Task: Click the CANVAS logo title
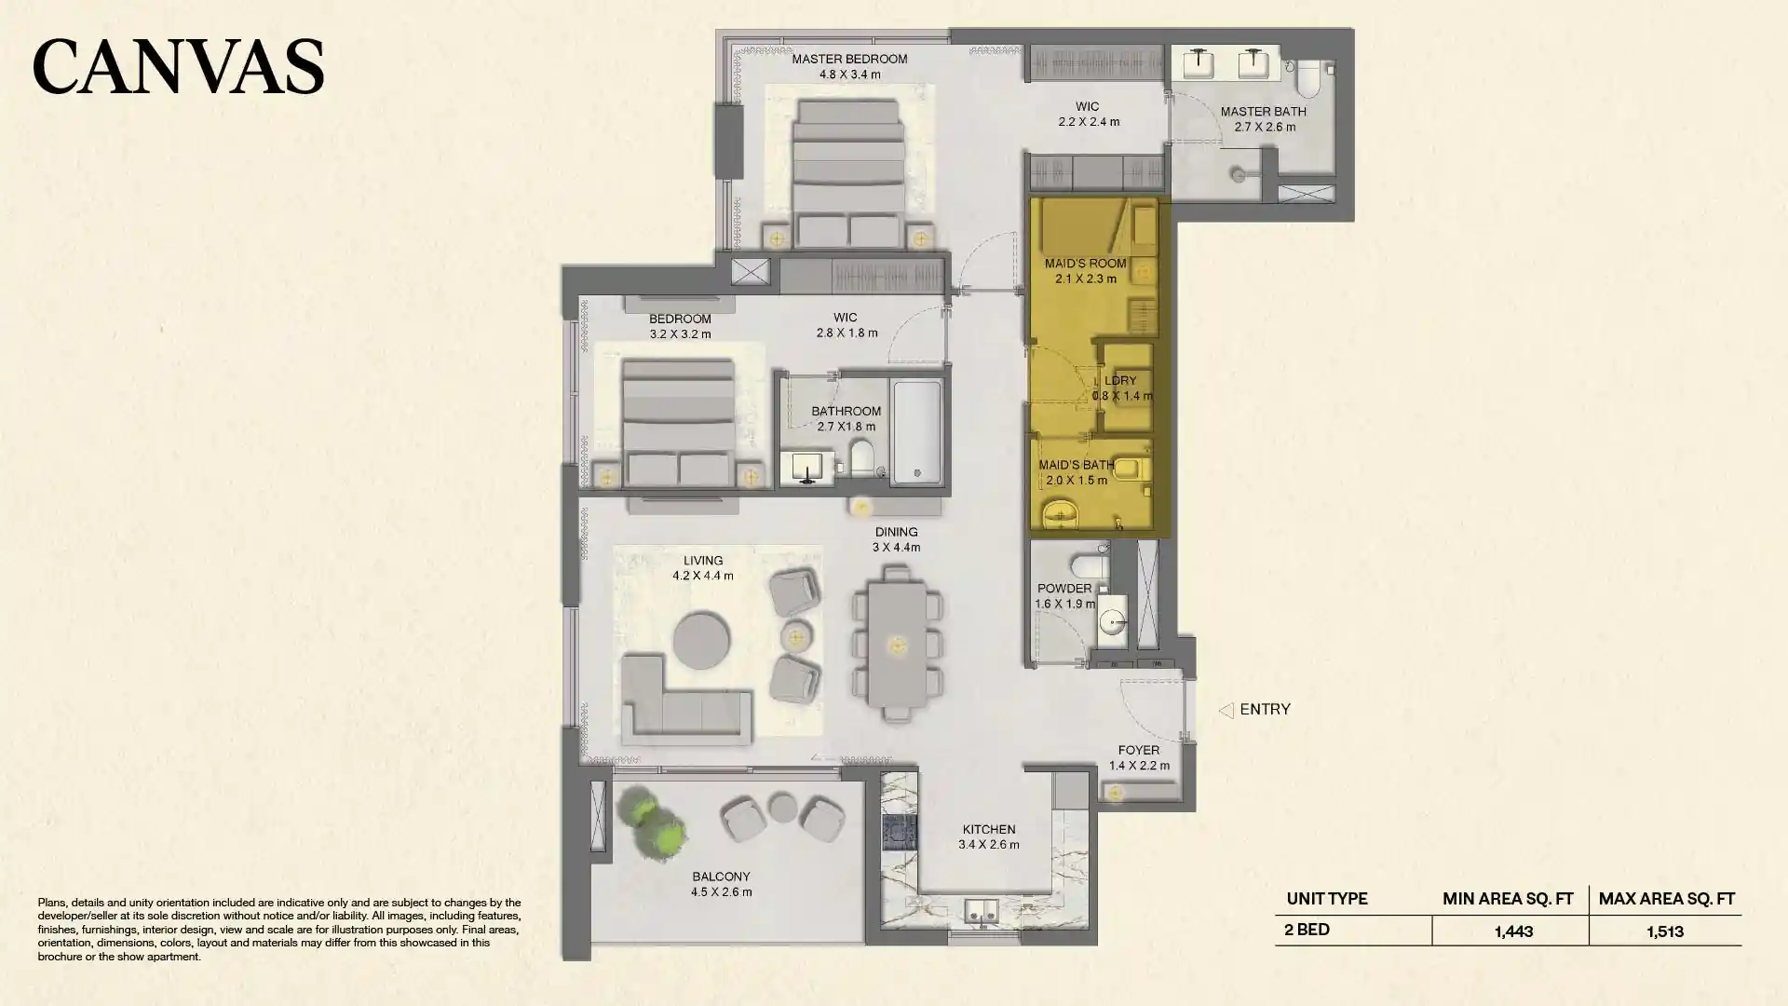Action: [178, 66]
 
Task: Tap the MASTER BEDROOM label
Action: [849, 59]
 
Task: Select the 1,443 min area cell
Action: [1512, 931]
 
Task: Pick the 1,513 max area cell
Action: [1664, 931]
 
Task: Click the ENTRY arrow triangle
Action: [1226, 710]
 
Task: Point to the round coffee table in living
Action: [701, 640]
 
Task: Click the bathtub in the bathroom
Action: [916, 430]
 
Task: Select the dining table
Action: [897, 645]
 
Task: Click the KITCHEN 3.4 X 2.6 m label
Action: [988, 836]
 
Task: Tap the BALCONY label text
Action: [721, 877]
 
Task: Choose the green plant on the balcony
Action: [655, 822]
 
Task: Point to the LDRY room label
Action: [1120, 381]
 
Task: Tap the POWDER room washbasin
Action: [1112, 622]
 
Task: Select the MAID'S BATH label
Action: [1076, 465]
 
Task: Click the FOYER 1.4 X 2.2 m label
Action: [1138, 757]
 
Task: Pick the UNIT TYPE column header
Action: [1326, 899]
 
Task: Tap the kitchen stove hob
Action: [899, 832]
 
